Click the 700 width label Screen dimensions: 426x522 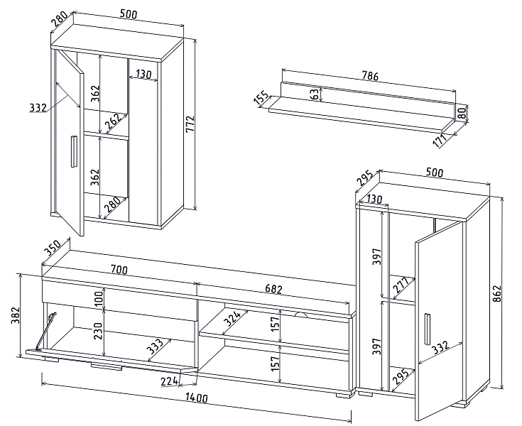coord(119,270)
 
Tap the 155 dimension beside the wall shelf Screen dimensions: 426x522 coord(261,99)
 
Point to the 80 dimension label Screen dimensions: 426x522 coord(463,112)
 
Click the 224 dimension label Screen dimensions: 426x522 coord(169,382)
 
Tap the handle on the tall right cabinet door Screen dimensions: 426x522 coord(428,327)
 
